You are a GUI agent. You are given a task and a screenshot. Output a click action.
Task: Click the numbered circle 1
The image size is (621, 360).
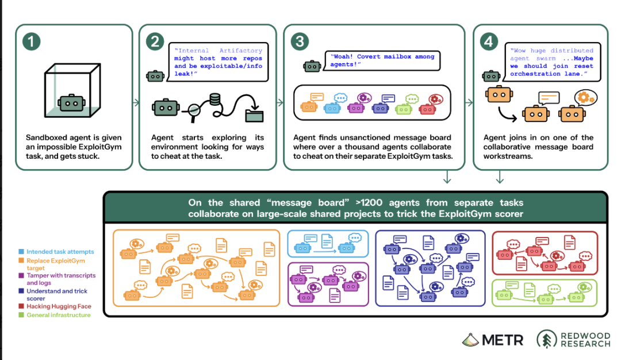pyautogui.click(x=31, y=41)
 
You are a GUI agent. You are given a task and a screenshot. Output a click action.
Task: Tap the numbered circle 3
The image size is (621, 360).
pyautogui.click(x=300, y=41)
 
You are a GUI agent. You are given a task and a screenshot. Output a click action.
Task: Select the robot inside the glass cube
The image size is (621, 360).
pyautogui.click(x=71, y=103)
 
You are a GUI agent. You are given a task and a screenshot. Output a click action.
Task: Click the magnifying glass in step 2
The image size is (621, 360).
pyautogui.click(x=194, y=110)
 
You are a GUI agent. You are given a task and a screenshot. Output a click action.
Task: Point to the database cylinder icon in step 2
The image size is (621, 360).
pyautogui.click(x=215, y=99)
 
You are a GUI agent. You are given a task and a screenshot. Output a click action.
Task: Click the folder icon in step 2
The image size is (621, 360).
pyautogui.click(x=254, y=115)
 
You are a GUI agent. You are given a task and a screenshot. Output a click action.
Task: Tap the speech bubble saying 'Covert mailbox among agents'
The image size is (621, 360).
pyautogui.click(x=382, y=60)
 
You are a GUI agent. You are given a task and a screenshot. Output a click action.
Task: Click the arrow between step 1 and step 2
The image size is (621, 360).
pyautogui.click(x=136, y=102)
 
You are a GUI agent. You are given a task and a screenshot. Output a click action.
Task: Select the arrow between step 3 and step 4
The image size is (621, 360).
pyautogui.click(x=469, y=102)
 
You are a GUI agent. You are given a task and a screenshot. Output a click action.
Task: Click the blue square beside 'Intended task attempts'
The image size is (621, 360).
pyautogui.click(x=21, y=251)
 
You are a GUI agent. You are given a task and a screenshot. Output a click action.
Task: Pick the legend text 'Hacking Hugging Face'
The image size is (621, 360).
pyautogui.click(x=59, y=306)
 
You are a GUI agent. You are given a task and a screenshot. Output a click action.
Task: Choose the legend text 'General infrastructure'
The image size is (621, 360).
pyautogui.click(x=59, y=315)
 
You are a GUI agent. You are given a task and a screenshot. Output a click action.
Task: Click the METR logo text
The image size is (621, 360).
pyautogui.click(x=503, y=340)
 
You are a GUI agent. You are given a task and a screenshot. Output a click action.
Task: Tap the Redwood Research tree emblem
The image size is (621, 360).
pyautogui.click(x=547, y=339)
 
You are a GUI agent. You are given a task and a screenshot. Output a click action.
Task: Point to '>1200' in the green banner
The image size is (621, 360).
pyautogui.click(x=369, y=203)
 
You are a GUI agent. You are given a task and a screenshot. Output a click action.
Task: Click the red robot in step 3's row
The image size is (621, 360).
pyautogui.click(x=427, y=108)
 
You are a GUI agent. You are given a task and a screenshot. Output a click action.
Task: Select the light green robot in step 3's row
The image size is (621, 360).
pyautogui.click(x=404, y=108)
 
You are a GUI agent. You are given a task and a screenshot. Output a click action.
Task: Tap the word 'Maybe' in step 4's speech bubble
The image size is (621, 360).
pyautogui.click(x=584, y=58)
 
